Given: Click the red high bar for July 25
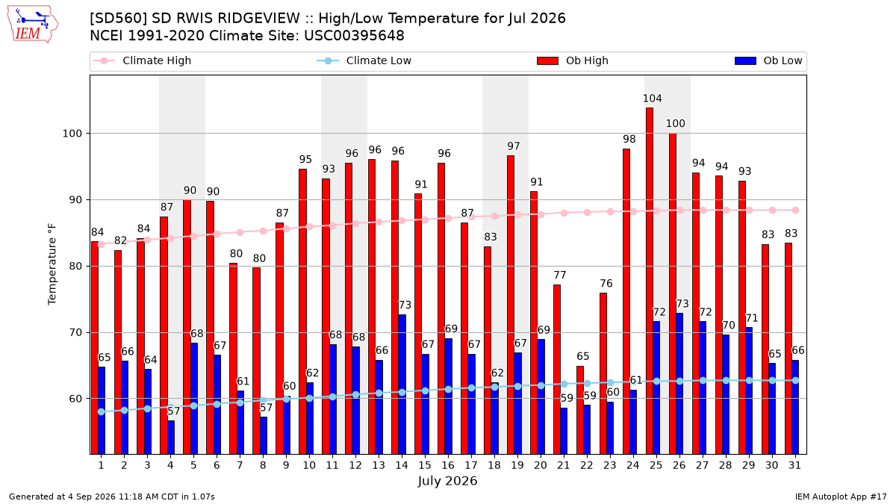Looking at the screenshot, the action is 649,281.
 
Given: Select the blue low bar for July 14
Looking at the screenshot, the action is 402,385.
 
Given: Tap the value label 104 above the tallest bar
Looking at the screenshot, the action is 653,99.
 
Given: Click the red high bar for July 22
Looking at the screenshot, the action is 580,410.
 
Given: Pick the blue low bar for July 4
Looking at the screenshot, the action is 171,438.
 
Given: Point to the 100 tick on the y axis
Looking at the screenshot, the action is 72,134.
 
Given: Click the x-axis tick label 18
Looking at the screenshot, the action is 494,466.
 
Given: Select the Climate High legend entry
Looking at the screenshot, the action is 142,60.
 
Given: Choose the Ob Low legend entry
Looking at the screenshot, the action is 768,60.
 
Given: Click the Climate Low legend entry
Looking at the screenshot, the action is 364,60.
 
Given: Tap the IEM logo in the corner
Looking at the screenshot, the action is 32,25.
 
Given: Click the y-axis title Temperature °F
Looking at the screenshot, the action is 52,265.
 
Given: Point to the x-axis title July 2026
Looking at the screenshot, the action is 447,481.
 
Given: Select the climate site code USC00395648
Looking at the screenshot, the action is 354,36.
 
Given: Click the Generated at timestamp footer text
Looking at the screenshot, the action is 111,497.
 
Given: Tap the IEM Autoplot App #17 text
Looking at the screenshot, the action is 841,497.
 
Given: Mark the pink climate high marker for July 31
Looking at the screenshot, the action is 796,211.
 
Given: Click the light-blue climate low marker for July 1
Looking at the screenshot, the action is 102,412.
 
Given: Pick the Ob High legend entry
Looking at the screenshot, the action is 573,60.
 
